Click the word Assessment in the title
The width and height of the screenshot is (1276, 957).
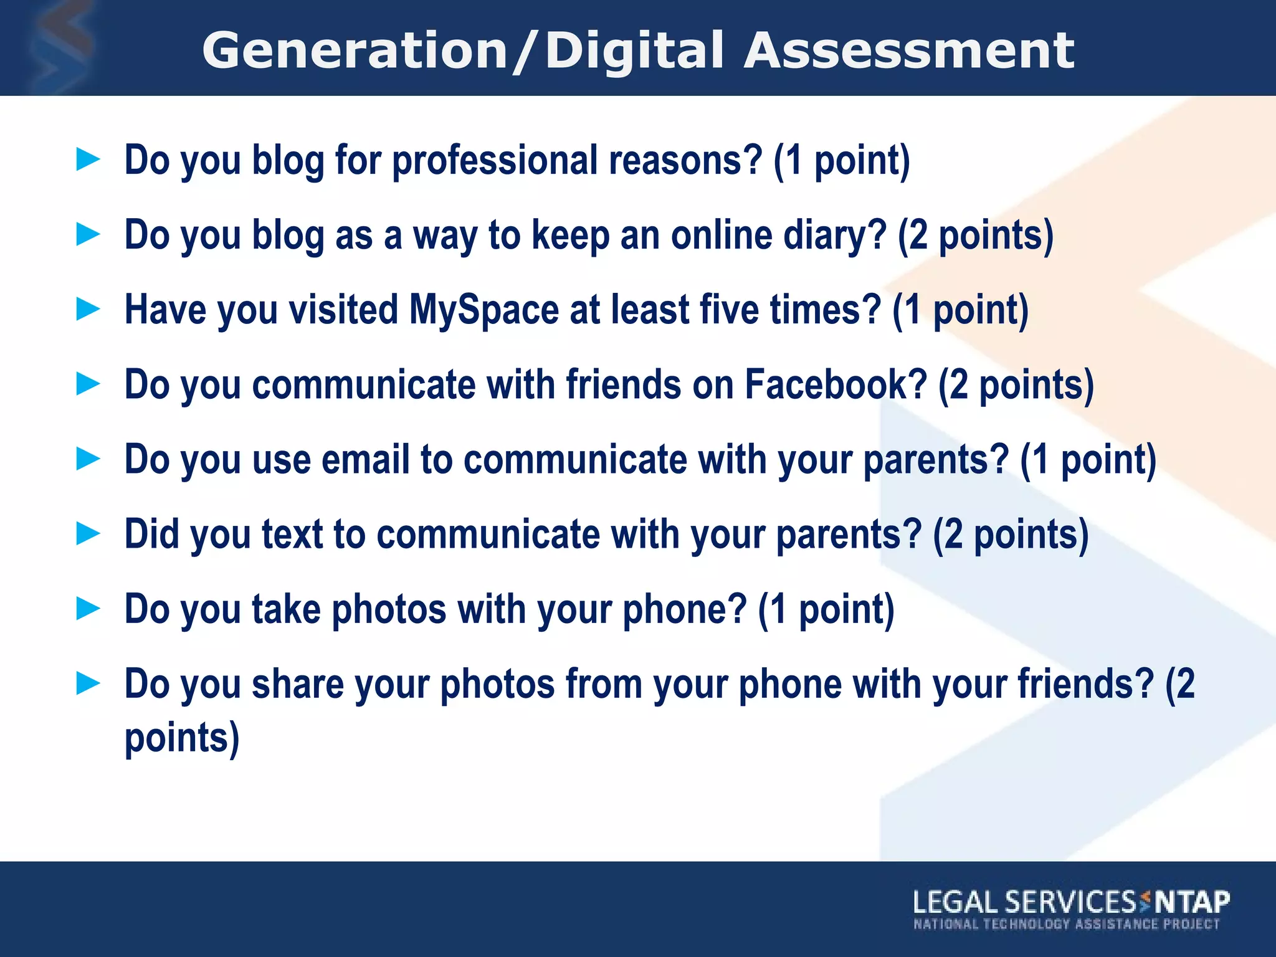[x=909, y=51]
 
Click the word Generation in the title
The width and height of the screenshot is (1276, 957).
[x=355, y=51]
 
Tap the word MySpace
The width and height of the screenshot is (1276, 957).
[x=483, y=310]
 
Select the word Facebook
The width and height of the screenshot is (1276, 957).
[x=836, y=384]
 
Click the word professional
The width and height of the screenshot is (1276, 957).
[x=495, y=160]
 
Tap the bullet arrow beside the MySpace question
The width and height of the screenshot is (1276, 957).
[x=88, y=309]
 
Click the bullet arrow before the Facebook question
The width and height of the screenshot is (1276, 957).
[x=88, y=384]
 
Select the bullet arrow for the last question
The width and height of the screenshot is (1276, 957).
[x=88, y=683]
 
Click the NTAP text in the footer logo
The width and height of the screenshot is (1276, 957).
[x=1192, y=902]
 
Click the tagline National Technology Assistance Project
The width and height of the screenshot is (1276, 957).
[x=1066, y=924]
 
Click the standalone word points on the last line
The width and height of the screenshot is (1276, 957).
[x=181, y=738]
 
